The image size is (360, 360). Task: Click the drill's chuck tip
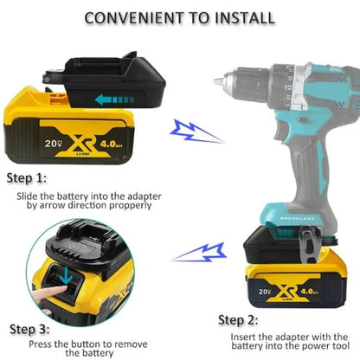coord(216,80)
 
